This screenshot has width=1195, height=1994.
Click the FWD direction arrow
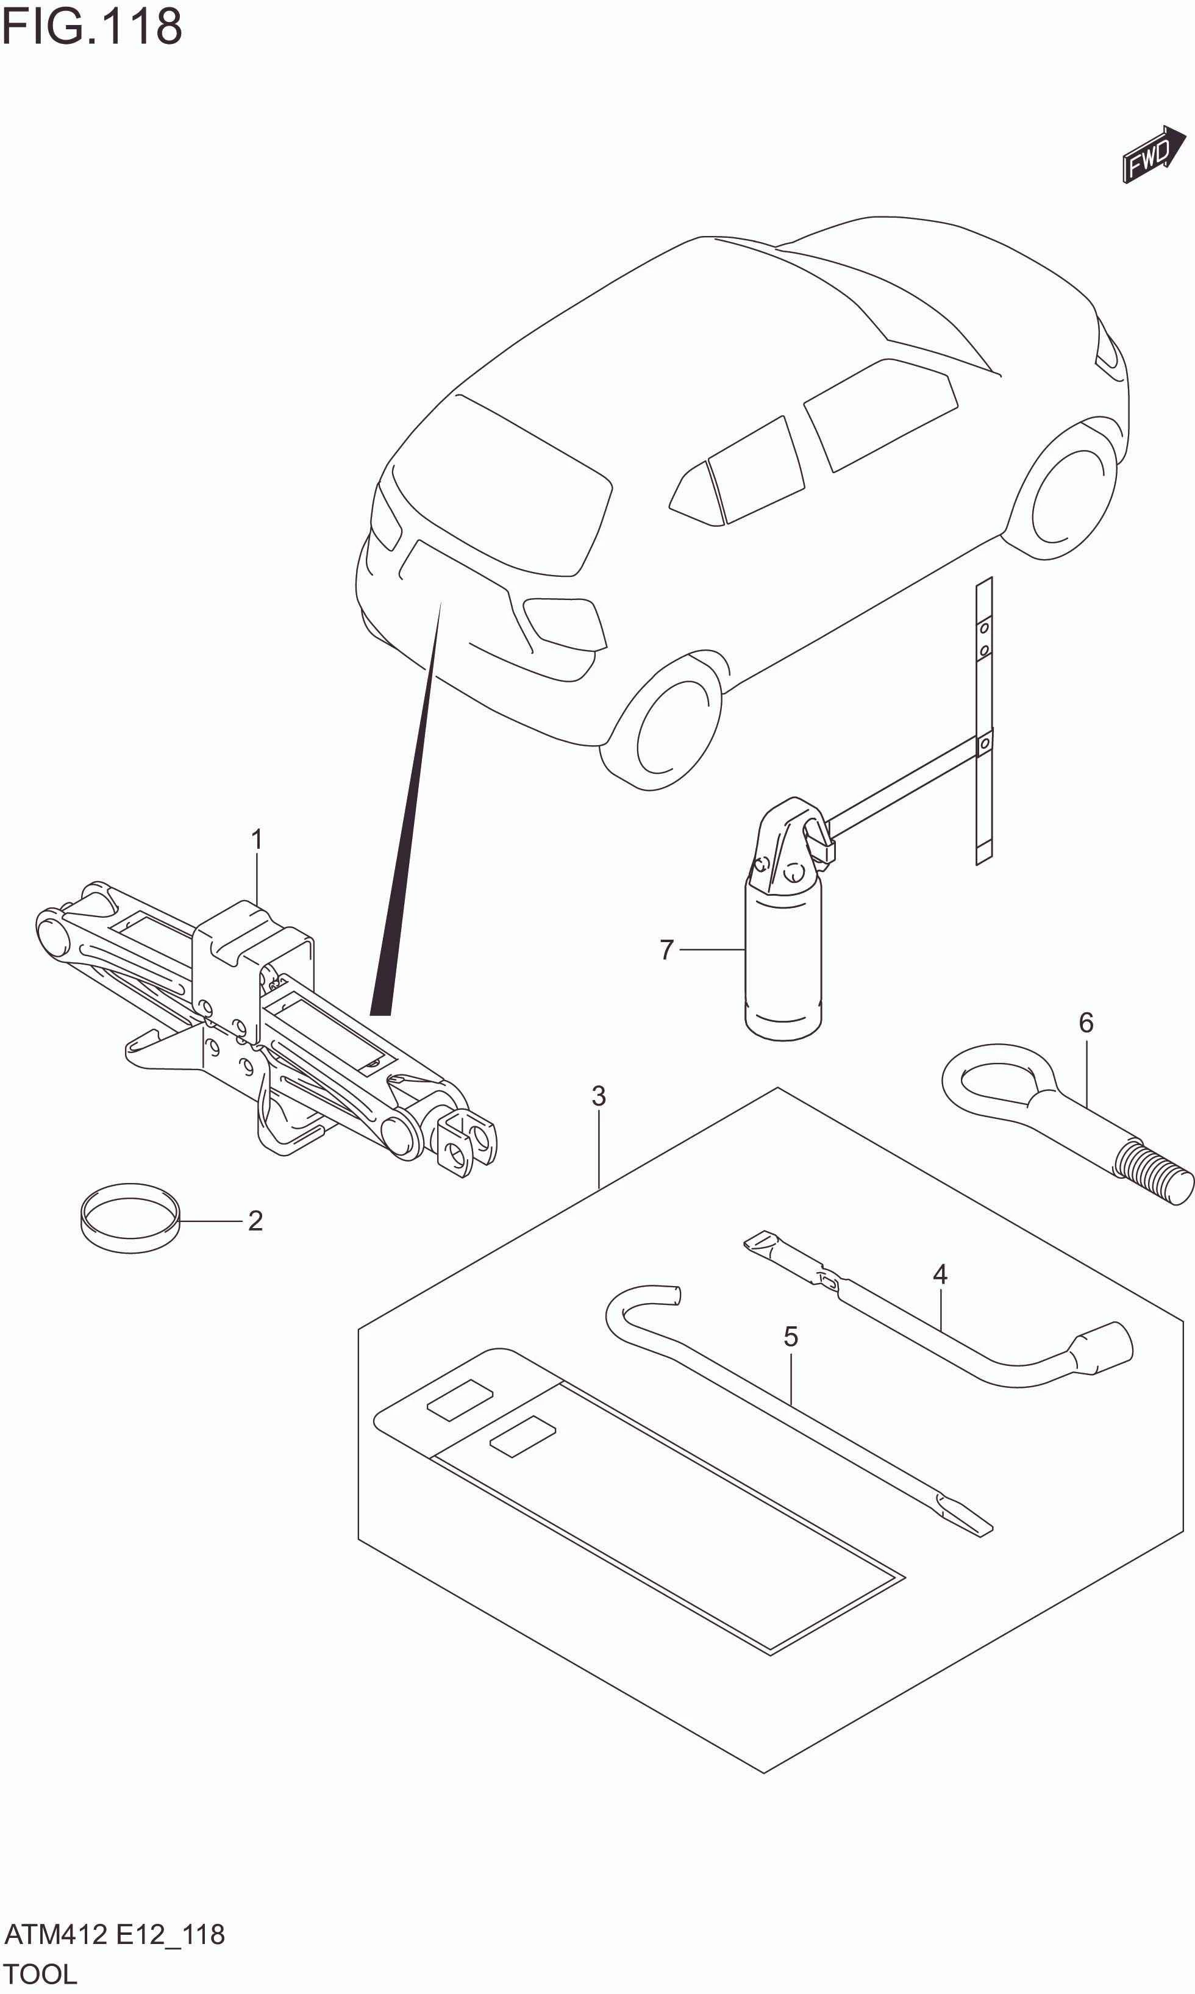pos(1153,155)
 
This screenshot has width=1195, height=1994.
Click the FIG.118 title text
pos(92,27)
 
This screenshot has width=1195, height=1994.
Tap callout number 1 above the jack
pos(257,839)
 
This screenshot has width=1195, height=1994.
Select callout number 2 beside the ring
pos(255,1221)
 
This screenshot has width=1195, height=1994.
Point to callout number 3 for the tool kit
pos(598,1095)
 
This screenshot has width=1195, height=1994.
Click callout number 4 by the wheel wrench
pos(940,1274)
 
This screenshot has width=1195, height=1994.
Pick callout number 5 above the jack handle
pos(791,1337)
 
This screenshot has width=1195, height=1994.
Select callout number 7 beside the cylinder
pos(666,949)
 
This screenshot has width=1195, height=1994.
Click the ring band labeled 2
pos(130,1221)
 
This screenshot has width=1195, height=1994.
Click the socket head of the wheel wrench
pos(1102,1346)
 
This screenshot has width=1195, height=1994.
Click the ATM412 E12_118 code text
pos(115,1934)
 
